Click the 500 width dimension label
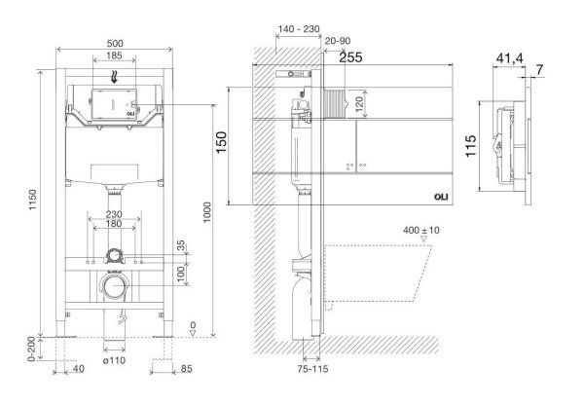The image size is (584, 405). (114, 44)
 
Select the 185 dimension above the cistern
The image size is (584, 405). (114, 55)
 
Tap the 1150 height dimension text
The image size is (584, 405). (33, 200)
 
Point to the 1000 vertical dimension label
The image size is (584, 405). (207, 212)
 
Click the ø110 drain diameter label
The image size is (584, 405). (114, 360)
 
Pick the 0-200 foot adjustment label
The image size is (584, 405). (31, 349)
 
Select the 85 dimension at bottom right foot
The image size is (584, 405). (186, 368)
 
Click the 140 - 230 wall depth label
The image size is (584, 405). (299, 28)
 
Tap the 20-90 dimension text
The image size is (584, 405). (338, 41)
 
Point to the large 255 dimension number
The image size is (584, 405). (350, 57)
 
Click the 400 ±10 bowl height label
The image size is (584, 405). (421, 231)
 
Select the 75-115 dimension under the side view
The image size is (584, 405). (312, 369)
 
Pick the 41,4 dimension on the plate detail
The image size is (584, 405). (509, 58)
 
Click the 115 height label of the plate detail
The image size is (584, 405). (471, 146)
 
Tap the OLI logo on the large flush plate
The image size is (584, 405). (441, 197)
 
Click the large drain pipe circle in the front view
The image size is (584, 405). (116, 286)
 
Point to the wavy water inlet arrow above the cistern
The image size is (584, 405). (114, 76)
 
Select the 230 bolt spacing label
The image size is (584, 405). (114, 214)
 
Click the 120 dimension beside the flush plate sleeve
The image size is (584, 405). (358, 103)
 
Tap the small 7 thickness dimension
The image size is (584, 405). (539, 70)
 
